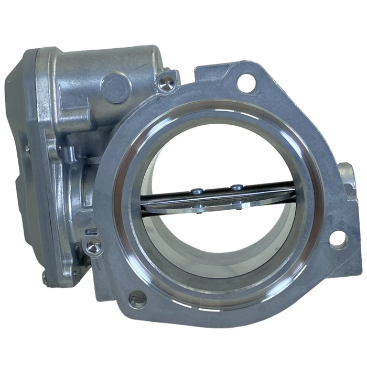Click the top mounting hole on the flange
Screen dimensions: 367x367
tap(246, 83)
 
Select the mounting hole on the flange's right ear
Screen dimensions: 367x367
tap(338, 239)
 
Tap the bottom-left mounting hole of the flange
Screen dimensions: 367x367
tap(138, 298)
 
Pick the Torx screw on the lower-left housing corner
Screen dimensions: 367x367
tap(93, 245)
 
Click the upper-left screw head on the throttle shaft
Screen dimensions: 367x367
tap(196, 191)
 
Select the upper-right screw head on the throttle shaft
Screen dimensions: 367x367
tap(238, 186)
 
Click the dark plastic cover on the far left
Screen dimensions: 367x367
tap(21, 157)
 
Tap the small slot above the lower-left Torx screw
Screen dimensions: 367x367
tap(90, 231)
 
